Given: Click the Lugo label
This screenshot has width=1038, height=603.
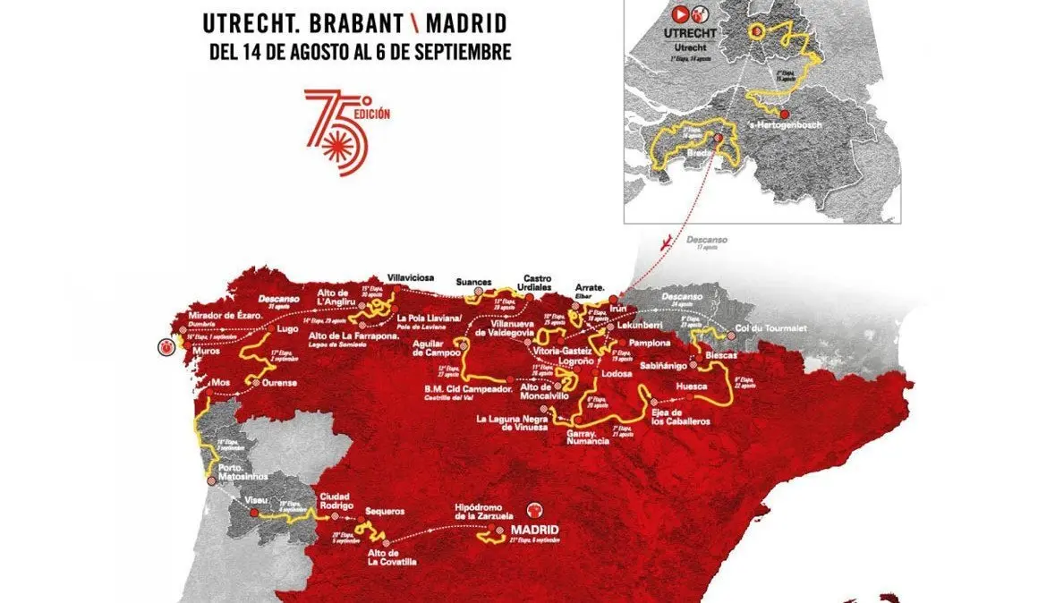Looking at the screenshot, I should click(286, 328).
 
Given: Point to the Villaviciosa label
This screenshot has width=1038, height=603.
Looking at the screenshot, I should click(410, 277).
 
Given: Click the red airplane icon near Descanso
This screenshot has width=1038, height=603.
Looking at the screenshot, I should click(662, 242).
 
